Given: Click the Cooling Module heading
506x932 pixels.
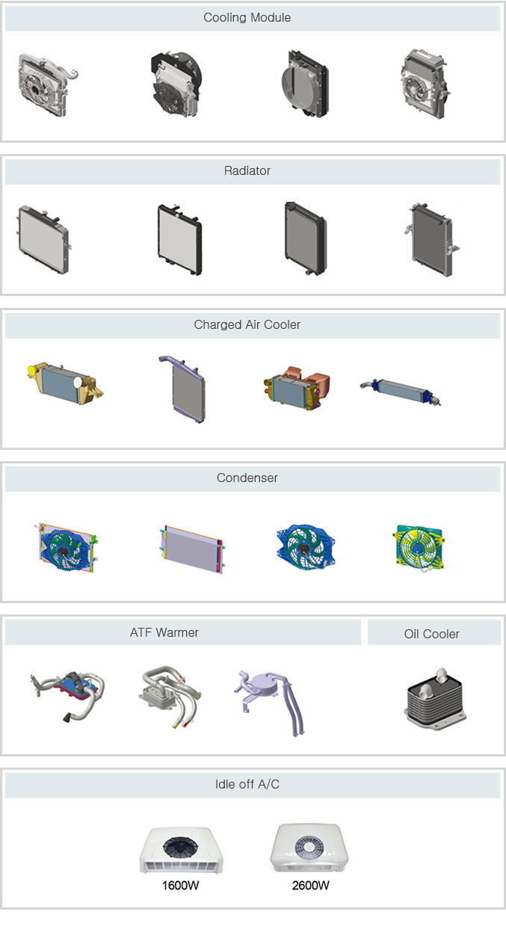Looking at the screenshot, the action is (247, 17).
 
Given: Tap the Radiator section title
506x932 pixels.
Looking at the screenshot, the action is (247, 170).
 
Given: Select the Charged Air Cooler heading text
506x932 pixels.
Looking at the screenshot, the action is (247, 324).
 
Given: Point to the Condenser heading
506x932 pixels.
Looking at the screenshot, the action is (247, 478).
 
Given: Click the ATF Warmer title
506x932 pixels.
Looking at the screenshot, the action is (164, 632).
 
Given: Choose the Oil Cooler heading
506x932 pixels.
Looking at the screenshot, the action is (431, 634).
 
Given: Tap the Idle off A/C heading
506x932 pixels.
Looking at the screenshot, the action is (247, 784).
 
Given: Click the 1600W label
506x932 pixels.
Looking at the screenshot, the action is (180, 885).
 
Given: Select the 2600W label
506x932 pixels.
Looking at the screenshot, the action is (310, 885).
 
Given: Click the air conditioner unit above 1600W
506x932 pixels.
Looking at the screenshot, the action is (181, 850).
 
